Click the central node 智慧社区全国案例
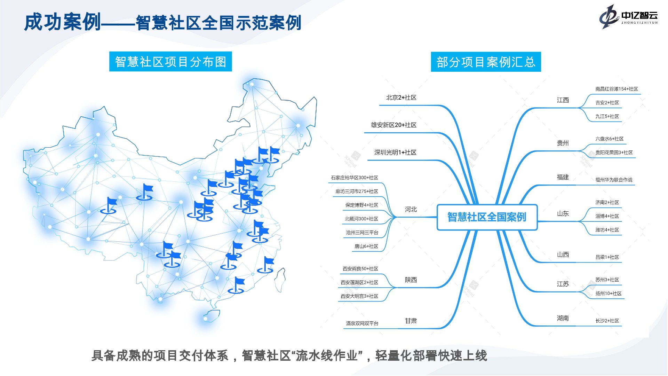click(x=487, y=217)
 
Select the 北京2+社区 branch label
click(x=401, y=98)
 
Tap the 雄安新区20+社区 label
click(x=393, y=125)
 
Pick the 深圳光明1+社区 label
click(x=395, y=152)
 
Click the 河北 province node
click(x=411, y=209)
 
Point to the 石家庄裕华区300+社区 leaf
click(x=354, y=178)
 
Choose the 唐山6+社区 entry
click(x=366, y=246)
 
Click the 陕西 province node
click(x=411, y=280)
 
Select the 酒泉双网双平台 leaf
click(x=362, y=323)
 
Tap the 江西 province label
click(x=563, y=100)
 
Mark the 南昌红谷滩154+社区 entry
click(x=616, y=89)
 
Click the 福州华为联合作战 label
click(x=613, y=180)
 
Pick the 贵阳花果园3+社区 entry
click(x=614, y=152)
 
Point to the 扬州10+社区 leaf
click(x=608, y=293)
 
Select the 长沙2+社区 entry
click(x=607, y=321)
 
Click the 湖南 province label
click(x=563, y=318)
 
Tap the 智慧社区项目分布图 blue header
click(x=170, y=62)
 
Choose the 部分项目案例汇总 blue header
click(x=486, y=62)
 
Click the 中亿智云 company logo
click(x=628, y=16)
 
